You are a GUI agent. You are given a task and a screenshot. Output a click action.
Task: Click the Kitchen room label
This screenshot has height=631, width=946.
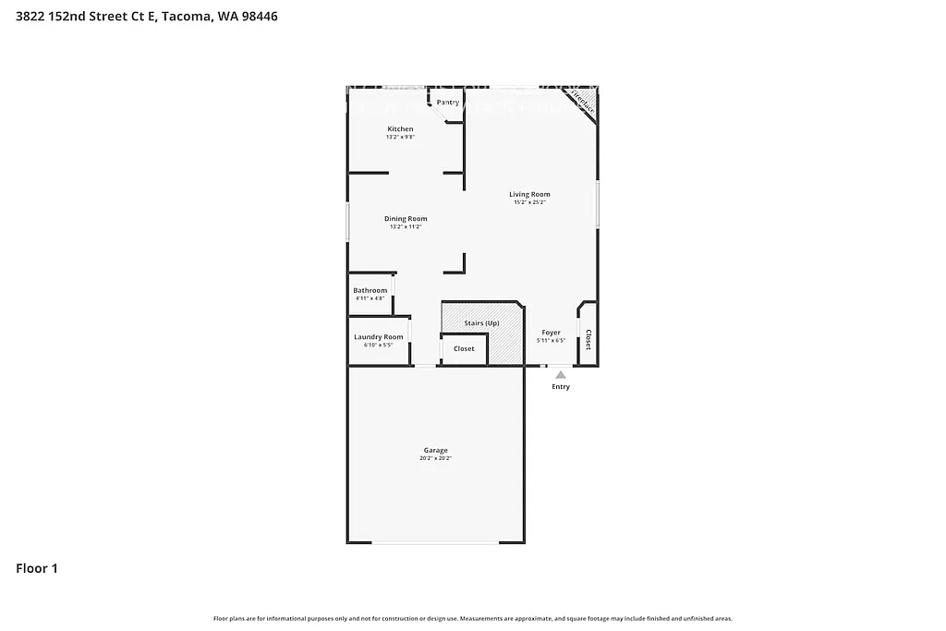(x=400, y=128)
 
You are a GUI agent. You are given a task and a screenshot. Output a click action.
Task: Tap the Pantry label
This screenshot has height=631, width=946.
(x=448, y=102)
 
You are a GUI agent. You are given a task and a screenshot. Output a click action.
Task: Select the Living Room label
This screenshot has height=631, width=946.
(x=529, y=194)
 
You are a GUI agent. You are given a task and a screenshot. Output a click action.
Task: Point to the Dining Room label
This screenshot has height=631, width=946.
(x=406, y=219)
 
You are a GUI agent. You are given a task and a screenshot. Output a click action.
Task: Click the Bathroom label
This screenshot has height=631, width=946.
(x=370, y=290)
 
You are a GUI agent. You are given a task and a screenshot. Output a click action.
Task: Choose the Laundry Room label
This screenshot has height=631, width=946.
(x=379, y=337)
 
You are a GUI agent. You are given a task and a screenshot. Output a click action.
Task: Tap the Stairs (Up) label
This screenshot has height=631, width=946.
(x=481, y=323)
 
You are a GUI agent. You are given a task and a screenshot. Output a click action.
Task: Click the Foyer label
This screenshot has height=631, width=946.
(x=551, y=333)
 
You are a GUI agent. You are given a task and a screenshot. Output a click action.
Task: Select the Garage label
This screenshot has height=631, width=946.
(x=436, y=450)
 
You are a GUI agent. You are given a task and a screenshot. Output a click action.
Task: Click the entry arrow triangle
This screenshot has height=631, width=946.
(x=560, y=374)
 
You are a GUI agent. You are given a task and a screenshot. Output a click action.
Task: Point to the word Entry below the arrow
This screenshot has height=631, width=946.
(x=561, y=387)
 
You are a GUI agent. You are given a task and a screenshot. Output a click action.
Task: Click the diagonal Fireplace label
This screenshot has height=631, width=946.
(x=582, y=100)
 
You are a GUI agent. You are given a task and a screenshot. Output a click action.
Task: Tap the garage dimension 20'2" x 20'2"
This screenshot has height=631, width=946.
(x=436, y=458)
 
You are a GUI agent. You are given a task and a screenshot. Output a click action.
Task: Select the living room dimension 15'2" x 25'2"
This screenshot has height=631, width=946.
(x=529, y=202)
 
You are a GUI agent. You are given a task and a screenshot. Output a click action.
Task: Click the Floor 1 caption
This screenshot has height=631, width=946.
(x=37, y=569)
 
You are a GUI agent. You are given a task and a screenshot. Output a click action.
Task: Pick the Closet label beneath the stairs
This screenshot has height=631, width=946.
(x=464, y=348)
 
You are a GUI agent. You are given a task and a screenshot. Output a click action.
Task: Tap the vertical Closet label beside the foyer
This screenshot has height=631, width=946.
(x=588, y=339)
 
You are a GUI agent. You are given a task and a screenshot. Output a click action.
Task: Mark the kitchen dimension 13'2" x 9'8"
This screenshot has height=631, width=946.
(x=400, y=137)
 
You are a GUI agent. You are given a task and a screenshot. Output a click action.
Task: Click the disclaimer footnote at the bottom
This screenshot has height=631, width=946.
(x=473, y=618)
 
